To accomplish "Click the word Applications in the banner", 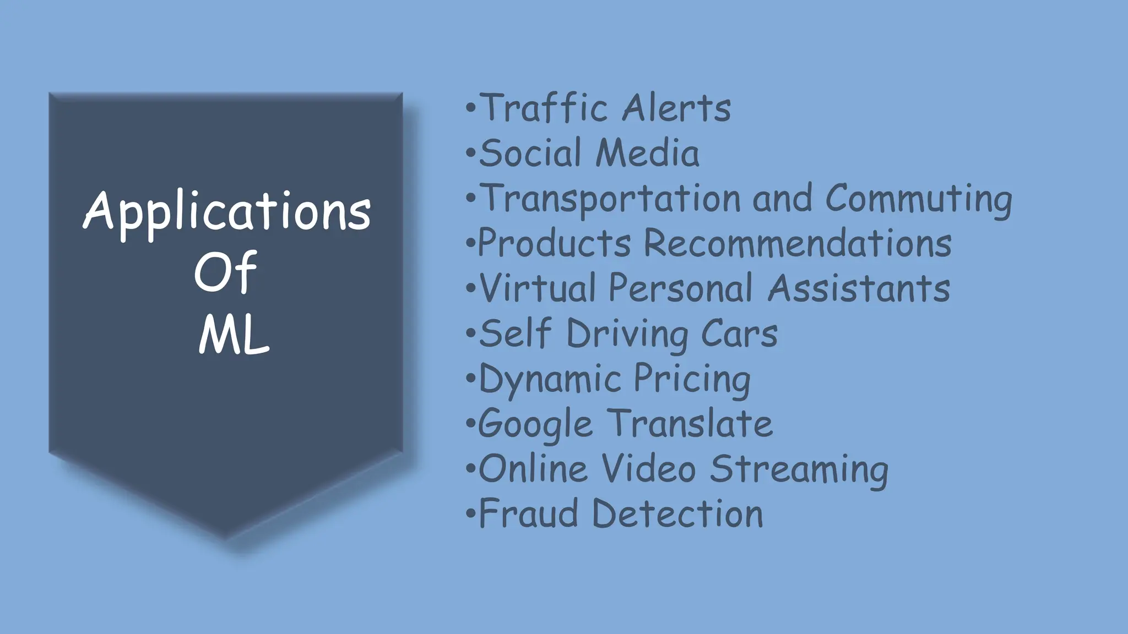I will pyautogui.click(x=226, y=212).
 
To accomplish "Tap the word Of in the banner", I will pyautogui.click(x=225, y=272).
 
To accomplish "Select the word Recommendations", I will pyautogui.click(x=798, y=243).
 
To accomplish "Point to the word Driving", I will pyautogui.click(x=627, y=334).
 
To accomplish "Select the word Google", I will pyautogui.click(x=535, y=425).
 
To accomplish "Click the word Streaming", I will pyautogui.click(x=799, y=469).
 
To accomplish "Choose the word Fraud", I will pyautogui.click(x=529, y=514).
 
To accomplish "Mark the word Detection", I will pyautogui.click(x=677, y=514).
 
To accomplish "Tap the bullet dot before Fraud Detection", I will pyautogui.click(x=470, y=514).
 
